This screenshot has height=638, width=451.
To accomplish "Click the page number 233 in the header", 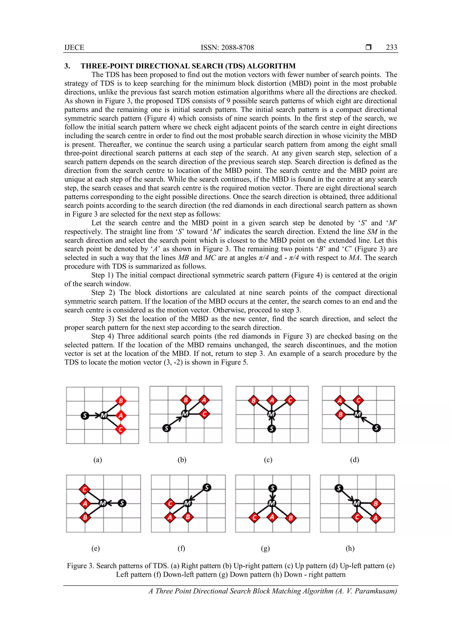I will [391, 48].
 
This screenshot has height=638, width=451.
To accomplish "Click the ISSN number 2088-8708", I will [237, 48].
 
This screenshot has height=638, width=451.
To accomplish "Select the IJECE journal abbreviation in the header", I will [74, 48].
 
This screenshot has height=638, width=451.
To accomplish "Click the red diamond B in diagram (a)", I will [121, 401].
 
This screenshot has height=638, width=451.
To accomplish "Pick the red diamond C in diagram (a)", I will [121, 430].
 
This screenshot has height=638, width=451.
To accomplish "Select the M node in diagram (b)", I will [185, 414].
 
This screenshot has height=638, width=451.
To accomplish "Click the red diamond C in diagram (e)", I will [85, 489].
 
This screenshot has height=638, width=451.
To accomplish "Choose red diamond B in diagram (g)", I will [291, 518].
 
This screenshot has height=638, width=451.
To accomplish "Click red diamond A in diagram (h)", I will [375, 518].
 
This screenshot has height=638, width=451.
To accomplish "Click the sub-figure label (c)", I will [268, 460].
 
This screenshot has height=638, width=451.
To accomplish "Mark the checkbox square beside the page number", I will [368, 48].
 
